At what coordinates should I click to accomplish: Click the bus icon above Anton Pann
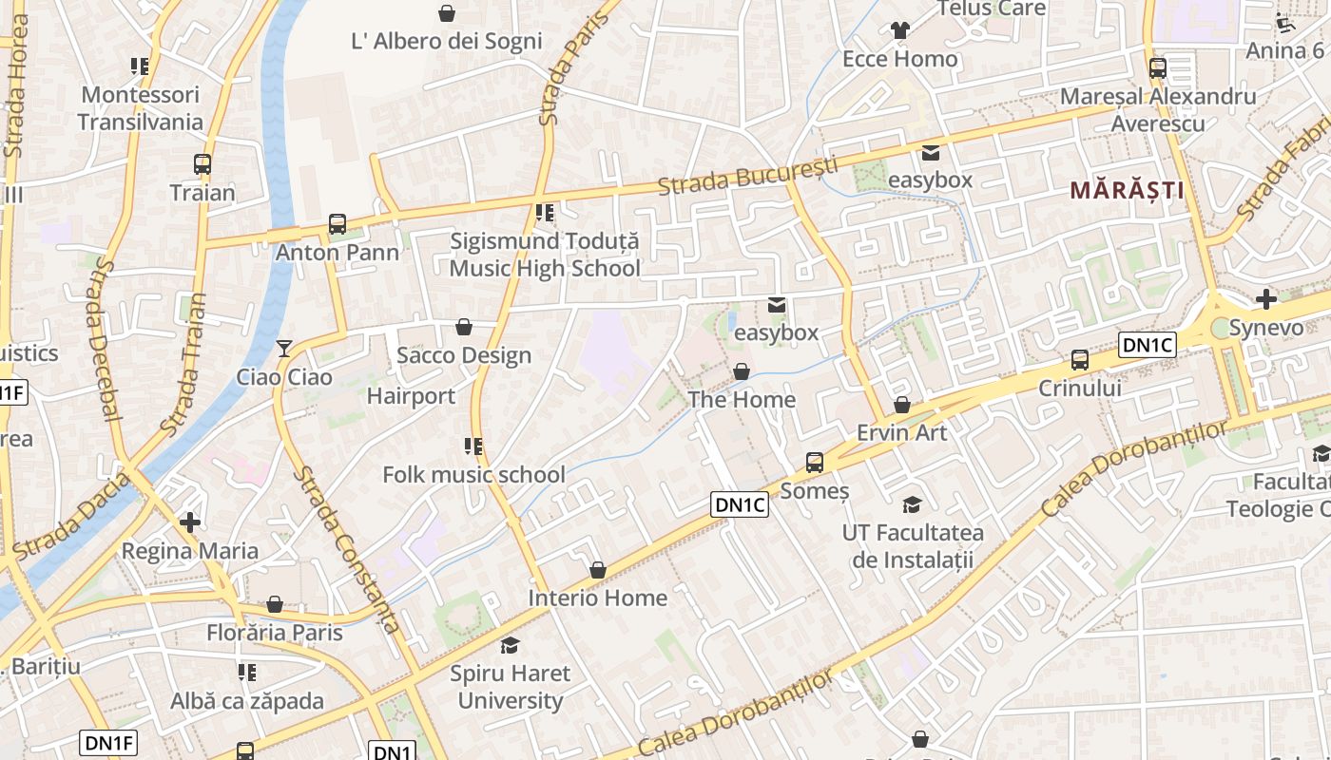[x=338, y=224]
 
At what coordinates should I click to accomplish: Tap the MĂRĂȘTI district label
[x=1128, y=190]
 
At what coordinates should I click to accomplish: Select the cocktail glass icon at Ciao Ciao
[x=283, y=349]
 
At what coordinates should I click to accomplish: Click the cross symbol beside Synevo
[x=1265, y=299]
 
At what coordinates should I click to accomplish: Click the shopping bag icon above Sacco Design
[x=464, y=327]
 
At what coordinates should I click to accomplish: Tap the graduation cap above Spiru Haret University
[x=511, y=646]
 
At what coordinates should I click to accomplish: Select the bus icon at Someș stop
[x=815, y=463]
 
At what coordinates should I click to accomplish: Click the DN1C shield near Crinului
[x=1148, y=345]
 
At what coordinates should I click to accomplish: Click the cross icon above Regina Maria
[x=190, y=522]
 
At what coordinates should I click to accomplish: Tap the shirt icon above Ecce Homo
[x=900, y=30]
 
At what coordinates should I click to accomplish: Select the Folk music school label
[x=473, y=474]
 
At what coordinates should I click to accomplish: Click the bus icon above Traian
[x=203, y=163]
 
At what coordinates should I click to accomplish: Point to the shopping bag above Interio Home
[x=598, y=570]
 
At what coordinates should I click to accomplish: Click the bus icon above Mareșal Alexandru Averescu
[x=1158, y=68]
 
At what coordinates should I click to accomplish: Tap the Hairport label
[x=411, y=396]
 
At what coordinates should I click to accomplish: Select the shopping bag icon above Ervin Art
[x=902, y=406]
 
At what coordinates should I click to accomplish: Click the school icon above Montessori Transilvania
[x=140, y=66]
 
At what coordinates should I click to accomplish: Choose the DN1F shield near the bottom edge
[x=108, y=743]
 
